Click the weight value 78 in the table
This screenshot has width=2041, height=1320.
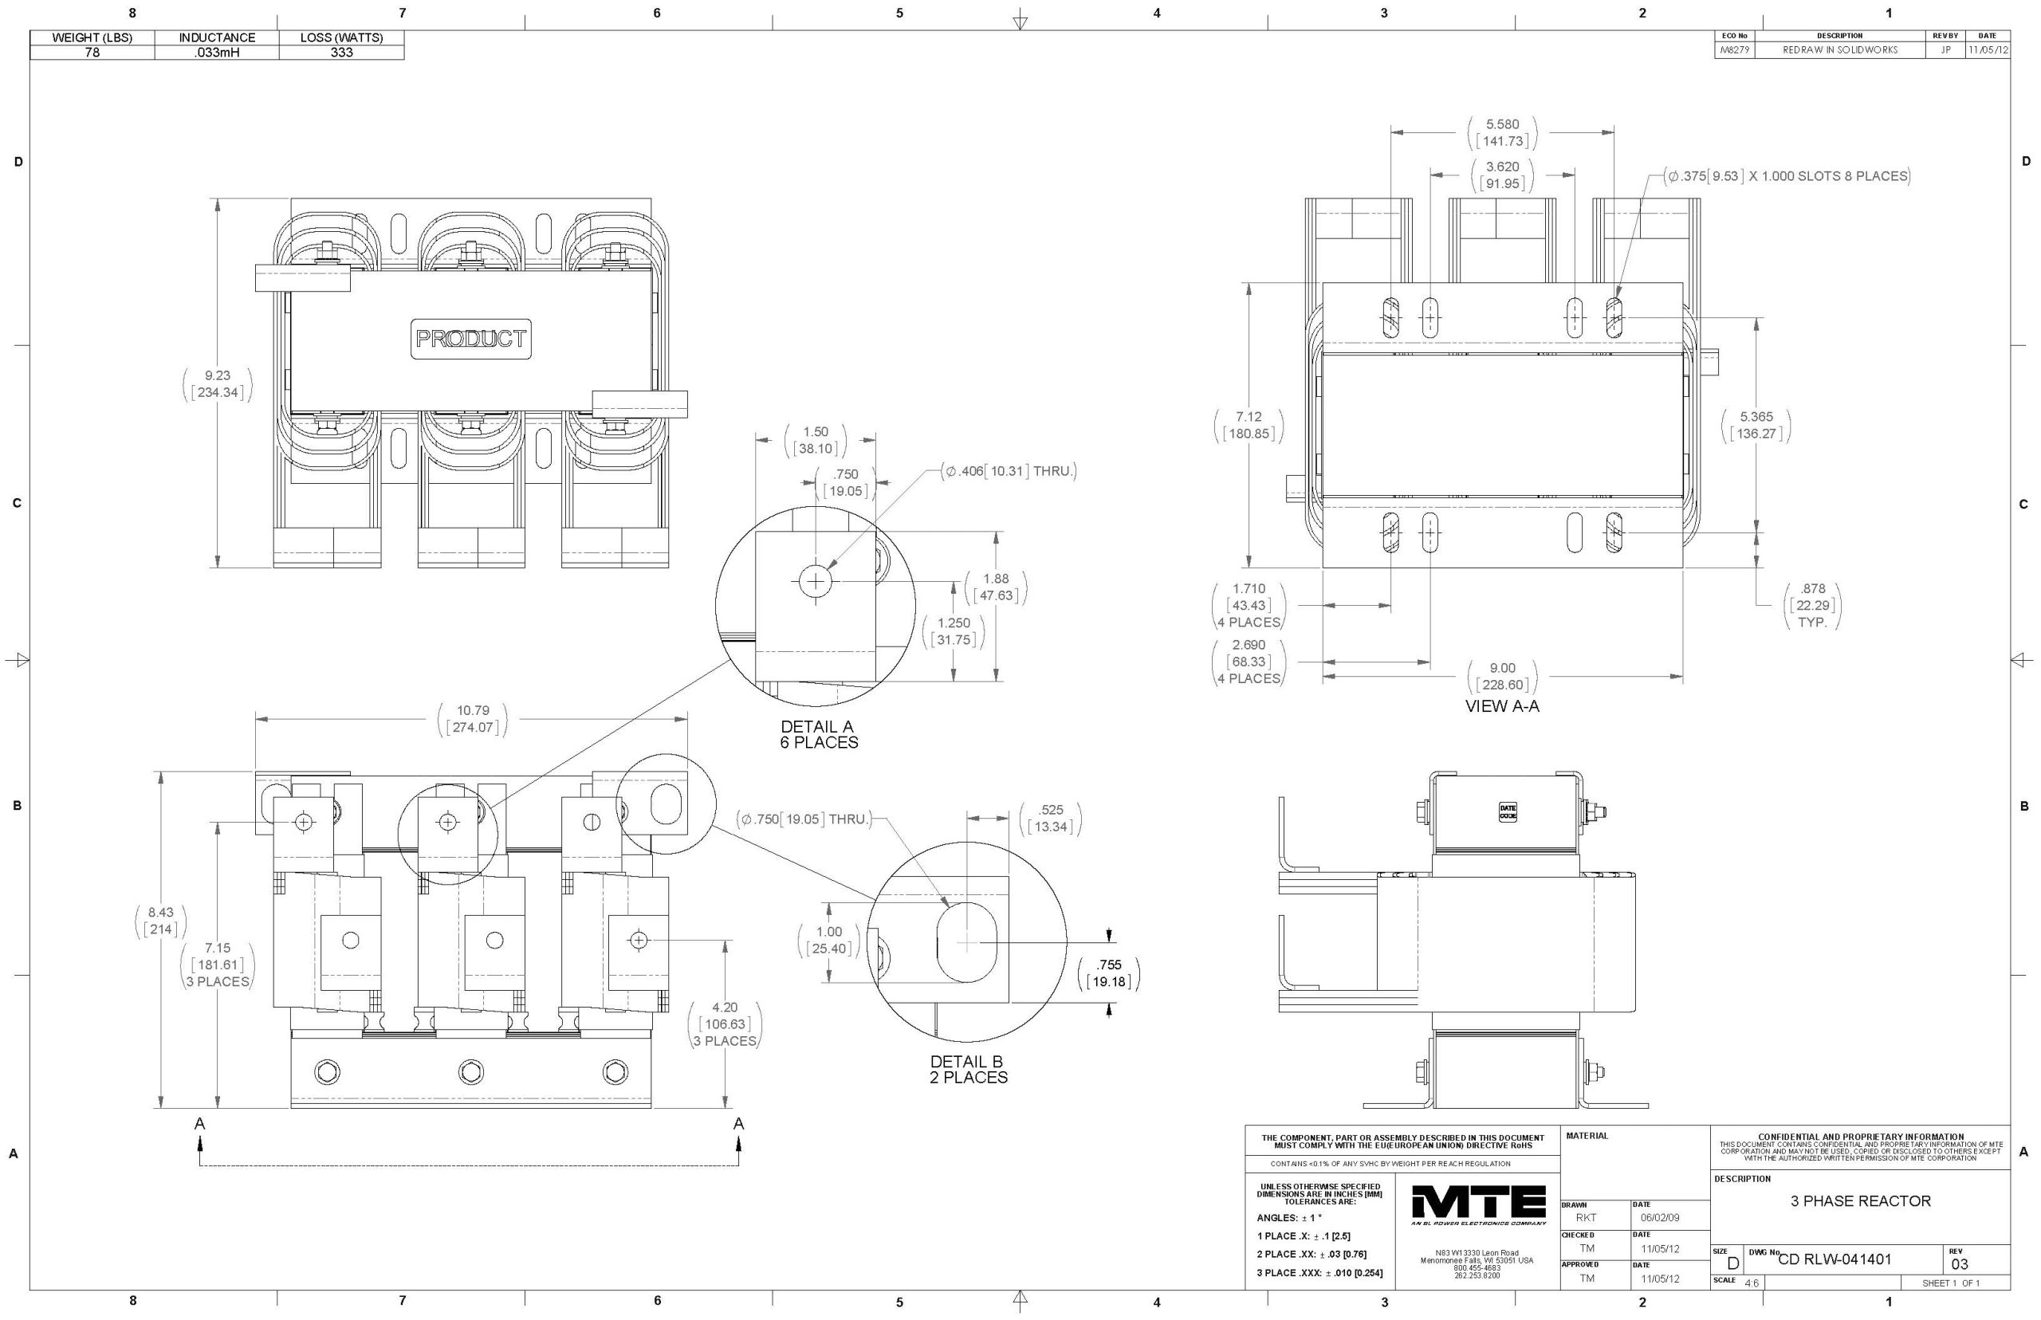coord(92,53)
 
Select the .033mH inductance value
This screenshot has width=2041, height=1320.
coord(217,53)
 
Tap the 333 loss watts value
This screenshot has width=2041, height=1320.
coord(341,53)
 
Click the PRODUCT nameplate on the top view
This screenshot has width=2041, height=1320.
coord(470,339)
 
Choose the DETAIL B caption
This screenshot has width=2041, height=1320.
coord(968,1069)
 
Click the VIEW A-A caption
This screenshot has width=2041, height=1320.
coord(1502,706)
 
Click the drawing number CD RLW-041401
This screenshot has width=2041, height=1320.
coord(1835,1259)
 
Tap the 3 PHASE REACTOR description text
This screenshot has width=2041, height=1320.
coord(1860,1201)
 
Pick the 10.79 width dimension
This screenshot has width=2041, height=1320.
coord(472,719)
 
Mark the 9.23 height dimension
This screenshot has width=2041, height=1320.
coord(217,384)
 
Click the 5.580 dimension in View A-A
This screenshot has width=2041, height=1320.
coord(1502,133)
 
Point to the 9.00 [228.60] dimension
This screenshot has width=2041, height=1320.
coord(1502,676)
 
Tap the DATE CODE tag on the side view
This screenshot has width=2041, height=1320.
coord(1507,811)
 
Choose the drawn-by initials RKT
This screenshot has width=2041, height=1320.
coord(1586,1217)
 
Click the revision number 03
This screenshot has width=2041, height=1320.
coord(1960,1263)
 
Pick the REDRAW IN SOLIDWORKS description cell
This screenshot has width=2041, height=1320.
coord(1839,49)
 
